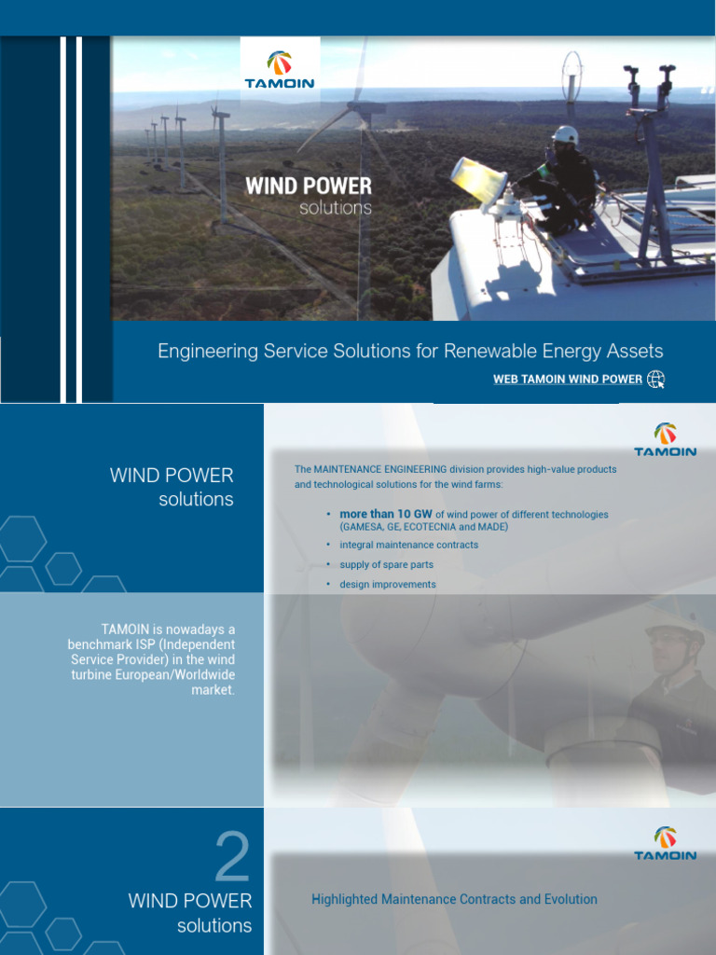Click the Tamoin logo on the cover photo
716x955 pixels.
(x=280, y=69)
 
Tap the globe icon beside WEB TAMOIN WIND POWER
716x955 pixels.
(x=656, y=379)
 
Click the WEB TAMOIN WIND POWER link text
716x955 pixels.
(x=567, y=380)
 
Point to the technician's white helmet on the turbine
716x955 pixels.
(x=565, y=136)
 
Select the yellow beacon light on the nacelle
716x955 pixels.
(x=477, y=176)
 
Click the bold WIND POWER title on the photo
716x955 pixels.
(x=308, y=186)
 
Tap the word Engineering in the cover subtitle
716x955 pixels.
(x=204, y=352)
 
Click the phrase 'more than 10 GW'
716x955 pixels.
(x=386, y=514)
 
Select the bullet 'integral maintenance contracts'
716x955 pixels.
(x=408, y=545)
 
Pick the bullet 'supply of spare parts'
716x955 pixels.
(x=386, y=564)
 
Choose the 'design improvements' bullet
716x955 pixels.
(x=387, y=584)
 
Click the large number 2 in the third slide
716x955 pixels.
(x=232, y=858)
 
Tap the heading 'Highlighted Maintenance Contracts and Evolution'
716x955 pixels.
(x=454, y=899)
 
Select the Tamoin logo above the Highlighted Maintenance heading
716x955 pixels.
(x=665, y=843)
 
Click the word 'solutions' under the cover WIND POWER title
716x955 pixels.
(x=336, y=208)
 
